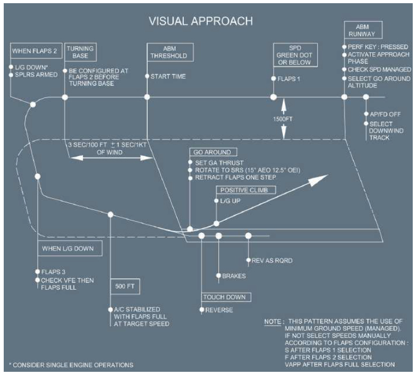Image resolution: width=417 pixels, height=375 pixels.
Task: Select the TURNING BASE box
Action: click(76, 52)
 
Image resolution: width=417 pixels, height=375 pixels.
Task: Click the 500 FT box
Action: click(124, 286)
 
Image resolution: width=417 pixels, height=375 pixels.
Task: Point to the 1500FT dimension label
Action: click(284, 119)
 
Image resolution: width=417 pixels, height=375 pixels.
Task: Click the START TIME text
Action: click(168, 77)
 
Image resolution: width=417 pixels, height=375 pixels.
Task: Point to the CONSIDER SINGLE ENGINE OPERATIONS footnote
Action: click(71, 365)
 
